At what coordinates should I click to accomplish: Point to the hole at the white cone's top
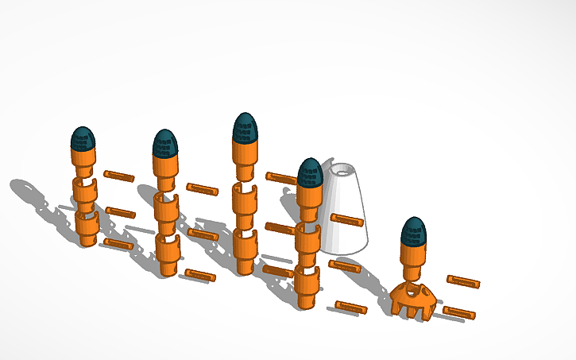coord(343,169)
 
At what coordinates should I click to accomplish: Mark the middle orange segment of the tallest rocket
coord(245,199)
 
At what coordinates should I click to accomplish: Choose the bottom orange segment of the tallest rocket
coord(245,250)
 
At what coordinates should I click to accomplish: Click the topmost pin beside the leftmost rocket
coord(119,175)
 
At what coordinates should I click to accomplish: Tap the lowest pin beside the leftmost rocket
coord(117,243)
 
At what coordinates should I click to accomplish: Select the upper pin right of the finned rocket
coord(462,281)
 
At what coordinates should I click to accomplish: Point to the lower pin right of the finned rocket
coord(458,312)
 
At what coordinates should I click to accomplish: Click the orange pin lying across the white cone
coord(347,219)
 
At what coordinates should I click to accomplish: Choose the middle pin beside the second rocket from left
coord(203,234)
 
